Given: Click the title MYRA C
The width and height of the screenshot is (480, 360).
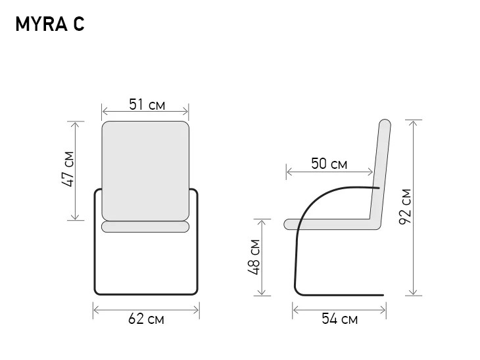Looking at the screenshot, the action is point(50,24).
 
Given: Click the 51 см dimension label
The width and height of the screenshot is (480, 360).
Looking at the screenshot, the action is point(147,104).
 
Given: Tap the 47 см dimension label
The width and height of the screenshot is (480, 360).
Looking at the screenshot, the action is point(68,169).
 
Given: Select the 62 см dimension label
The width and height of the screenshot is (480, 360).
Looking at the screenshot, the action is point(146,319).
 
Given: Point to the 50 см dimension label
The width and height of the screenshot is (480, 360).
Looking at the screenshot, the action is point(329,164).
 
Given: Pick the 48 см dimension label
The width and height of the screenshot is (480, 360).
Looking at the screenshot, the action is point(254,258).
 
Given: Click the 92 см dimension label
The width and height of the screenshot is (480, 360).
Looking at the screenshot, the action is point(405,207).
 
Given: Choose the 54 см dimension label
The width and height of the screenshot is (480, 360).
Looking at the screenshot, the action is point(339,319).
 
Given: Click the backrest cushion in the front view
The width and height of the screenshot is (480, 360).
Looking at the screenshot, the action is point(145,171).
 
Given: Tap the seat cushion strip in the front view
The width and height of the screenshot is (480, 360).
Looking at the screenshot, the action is point(145,227).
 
